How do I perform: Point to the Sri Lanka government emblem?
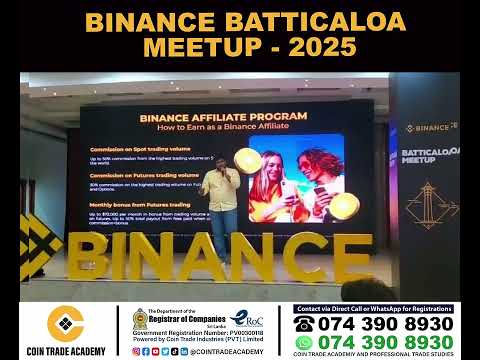pos(141,322)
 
